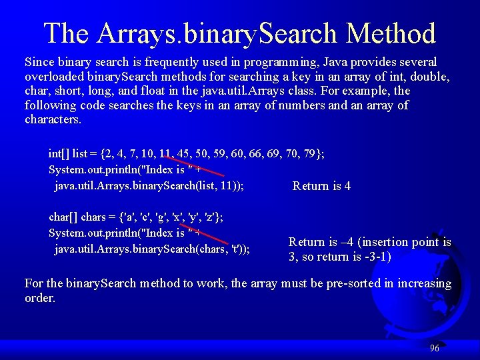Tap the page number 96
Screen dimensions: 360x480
point(435,348)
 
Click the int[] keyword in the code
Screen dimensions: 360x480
point(59,154)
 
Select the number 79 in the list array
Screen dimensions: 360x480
point(311,154)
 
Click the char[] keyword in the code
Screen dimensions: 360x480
point(63,217)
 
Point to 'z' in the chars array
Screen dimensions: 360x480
point(215,217)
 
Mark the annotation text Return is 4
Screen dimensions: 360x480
point(321,186)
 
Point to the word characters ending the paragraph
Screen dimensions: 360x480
point(53,120)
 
